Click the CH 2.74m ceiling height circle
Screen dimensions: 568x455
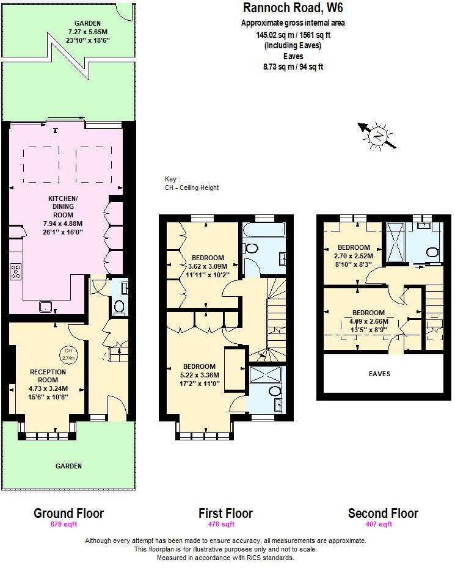pos(68,354)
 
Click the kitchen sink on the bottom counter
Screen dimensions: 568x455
pos(45,307)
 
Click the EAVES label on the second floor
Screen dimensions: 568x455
pos(379,374)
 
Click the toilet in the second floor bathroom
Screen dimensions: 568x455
pos(431,252)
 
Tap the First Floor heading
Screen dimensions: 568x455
pos(225,513)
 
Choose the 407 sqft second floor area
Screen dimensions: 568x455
pos(383,524)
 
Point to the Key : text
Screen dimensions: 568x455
pos(173,179)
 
